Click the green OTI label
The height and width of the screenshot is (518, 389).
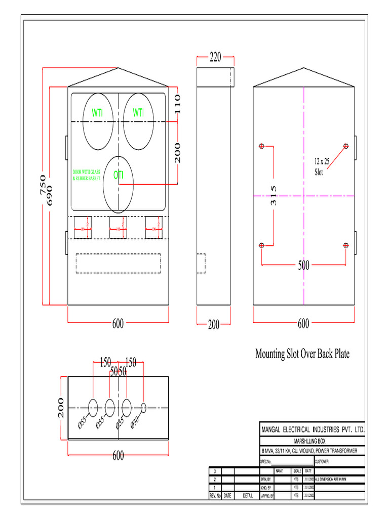(119, 176)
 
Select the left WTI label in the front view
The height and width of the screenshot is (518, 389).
(97, 113)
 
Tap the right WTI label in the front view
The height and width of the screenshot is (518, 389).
(138, 113)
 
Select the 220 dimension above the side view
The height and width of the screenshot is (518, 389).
(215, 57)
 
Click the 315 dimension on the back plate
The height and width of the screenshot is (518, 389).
(274, 195)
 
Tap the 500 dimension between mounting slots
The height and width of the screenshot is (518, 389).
(303, 265)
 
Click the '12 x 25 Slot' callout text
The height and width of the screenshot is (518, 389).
(322, 166)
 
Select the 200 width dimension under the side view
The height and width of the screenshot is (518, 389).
(214, 325)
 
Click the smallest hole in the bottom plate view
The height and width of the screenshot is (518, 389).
(143, 407)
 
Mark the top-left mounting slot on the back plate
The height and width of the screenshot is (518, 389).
(261, 146)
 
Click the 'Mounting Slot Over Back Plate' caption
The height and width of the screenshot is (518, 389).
(302, 354)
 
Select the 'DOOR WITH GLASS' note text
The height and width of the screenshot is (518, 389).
(87, 172)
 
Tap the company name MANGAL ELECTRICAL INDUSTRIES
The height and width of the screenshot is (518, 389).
(313, 430)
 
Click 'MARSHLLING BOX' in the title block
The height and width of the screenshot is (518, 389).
(311, 441)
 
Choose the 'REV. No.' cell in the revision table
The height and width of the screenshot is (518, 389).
(215, 496)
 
